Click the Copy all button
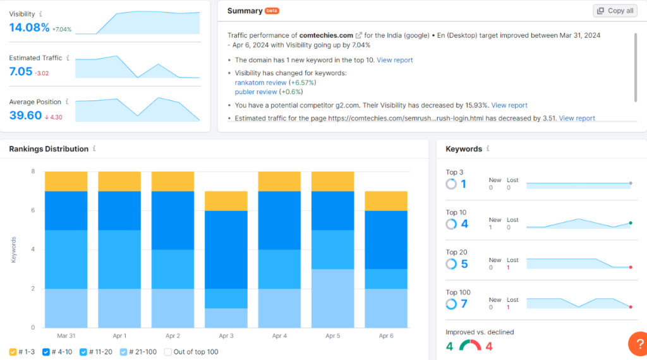coord(615,11)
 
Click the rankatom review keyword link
coord(260,82)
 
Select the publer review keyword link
coord(255,92)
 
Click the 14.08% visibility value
coord(29,27)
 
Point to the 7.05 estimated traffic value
coord(20,71)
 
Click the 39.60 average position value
coord(25,116)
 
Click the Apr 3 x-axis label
coord(226,336)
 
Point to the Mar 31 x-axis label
coord(66,336)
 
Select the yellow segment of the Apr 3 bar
coord(226,201)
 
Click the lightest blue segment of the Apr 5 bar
coord(333,298)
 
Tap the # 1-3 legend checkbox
coord(13,352)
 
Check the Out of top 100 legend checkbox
coord(168,352)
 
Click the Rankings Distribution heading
coord(49,149)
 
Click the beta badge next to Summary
coord(272,11)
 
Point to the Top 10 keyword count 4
coord(464,224)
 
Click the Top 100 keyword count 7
coord(464,304)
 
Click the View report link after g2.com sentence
coord(509,105)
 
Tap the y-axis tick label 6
coord(32,210)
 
